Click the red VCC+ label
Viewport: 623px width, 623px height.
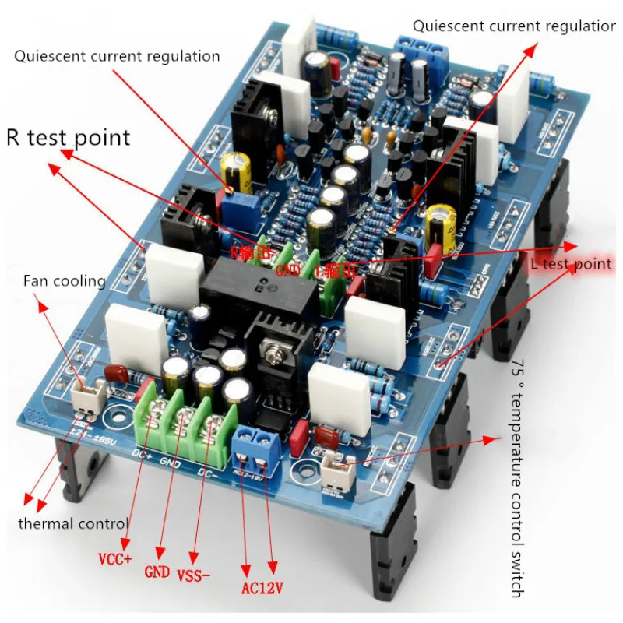(x=115, y=558)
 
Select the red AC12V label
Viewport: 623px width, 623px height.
(x=261, y=586)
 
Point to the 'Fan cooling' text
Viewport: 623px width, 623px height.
(x=64, y=280)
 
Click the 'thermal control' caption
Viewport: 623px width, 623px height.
(x=73, y=523)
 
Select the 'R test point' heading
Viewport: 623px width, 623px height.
(x=69, y=138)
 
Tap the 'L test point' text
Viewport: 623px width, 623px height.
(x=571, y=264)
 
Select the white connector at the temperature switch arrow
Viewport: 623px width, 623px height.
(x=337, y=468)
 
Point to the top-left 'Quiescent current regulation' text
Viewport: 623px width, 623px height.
(x=117, y=56)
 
